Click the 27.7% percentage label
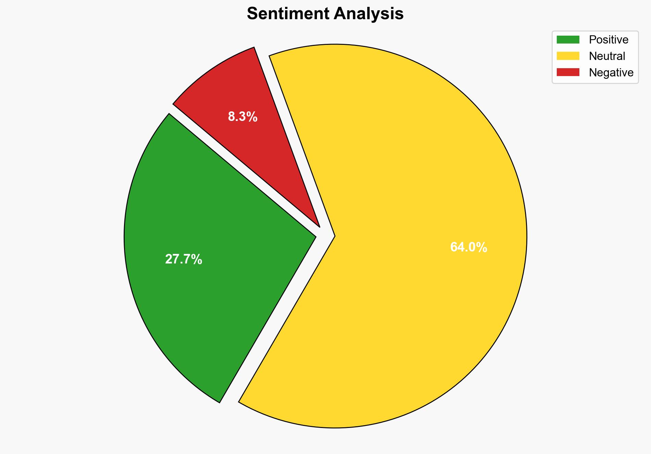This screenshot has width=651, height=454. (x=184, y=259)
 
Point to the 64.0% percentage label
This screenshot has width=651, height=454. (x=468, y=247)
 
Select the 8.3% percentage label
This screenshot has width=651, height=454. (x=243, y=117)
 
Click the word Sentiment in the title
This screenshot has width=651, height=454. (x=287, y=14)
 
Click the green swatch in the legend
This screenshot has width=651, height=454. (x=568, y=40)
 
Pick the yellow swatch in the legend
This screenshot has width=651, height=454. (x=568, y=56)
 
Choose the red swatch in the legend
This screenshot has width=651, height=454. (x=568, y=72)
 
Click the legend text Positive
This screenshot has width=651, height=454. (x=609, y=40)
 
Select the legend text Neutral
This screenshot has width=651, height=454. (x=607, y=56)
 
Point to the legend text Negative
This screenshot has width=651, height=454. (x=611, y=72)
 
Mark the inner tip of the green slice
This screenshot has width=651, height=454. (x=314, y=236)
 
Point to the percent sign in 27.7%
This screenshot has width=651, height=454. (x=197, y=259)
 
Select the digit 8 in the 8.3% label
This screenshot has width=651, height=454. (x=232, y=117)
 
